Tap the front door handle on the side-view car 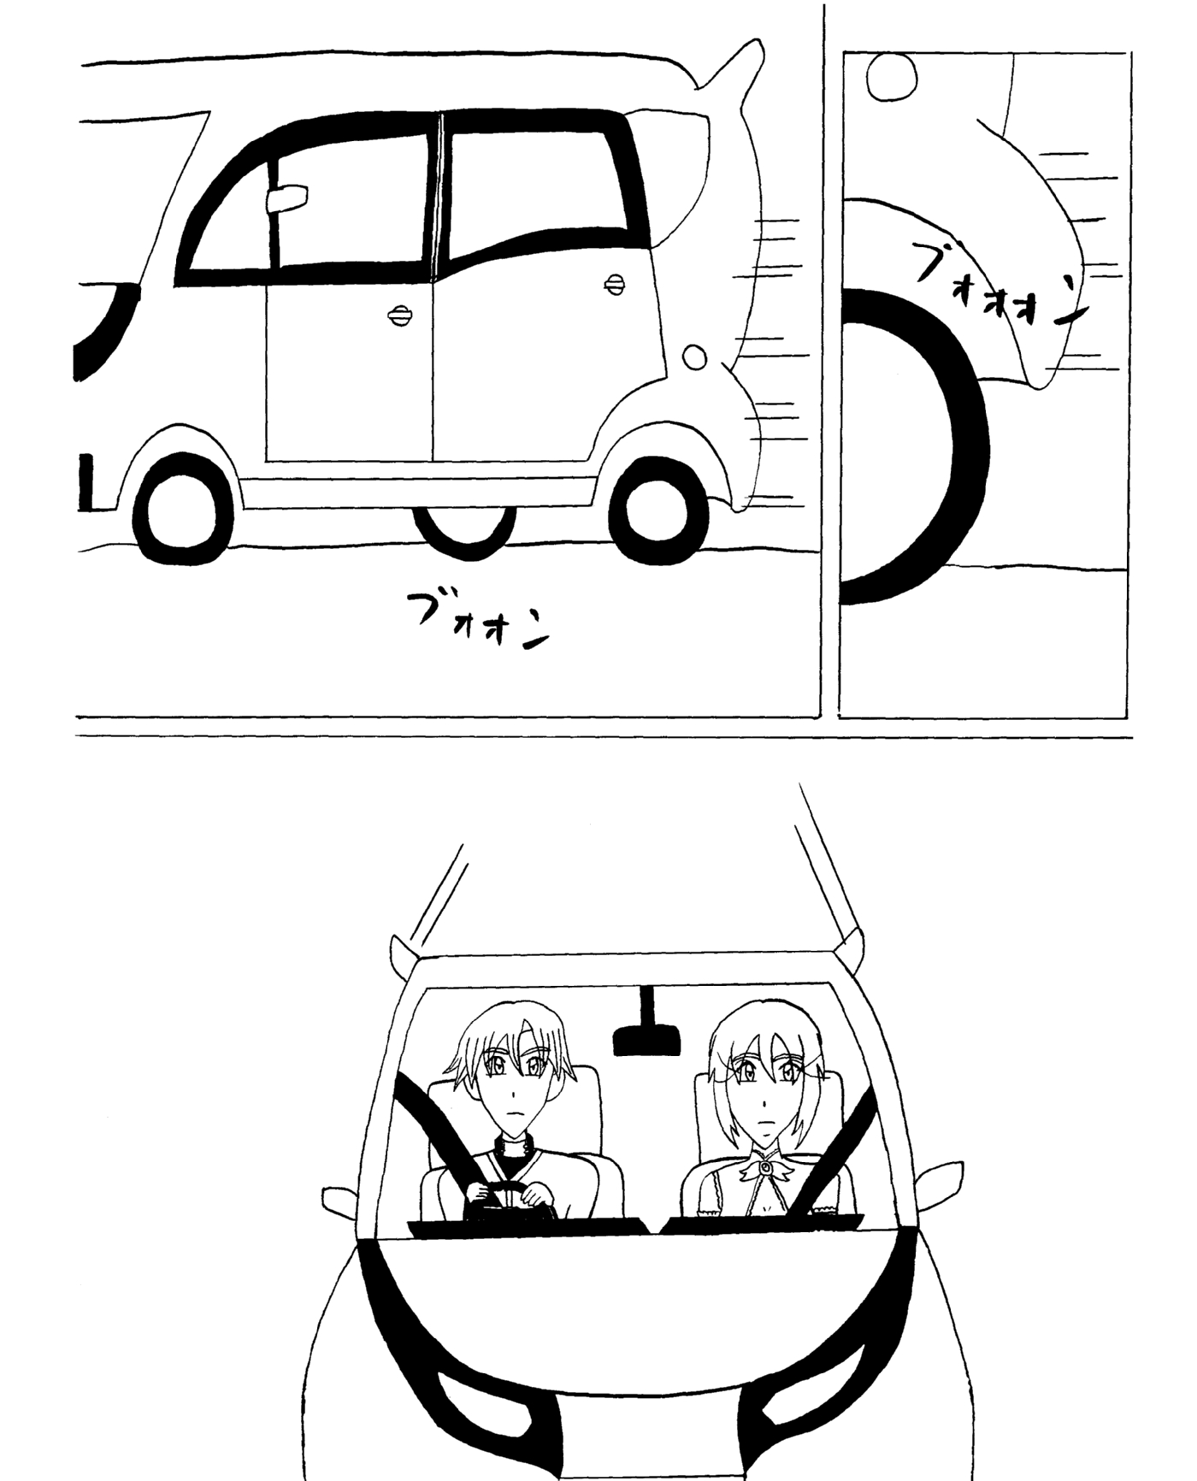tap(399, 316)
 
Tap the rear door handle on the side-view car tap(614, 286)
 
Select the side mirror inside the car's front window tap(286, 198)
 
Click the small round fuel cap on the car tap(695, 357)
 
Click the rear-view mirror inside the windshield tap(647, 1030)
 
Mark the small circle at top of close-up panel tap(891, 76)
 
